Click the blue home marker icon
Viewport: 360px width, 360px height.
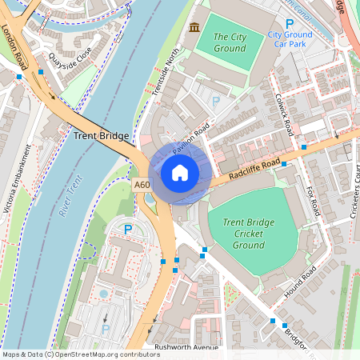click(x=180, y=173)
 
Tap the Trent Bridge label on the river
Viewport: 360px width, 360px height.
click(x=102, y=136)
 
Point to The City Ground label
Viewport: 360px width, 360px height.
click(x=230, y=42)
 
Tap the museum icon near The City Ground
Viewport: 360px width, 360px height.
click(x=194, y=29)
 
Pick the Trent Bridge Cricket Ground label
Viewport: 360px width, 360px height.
click(x=243, y=233)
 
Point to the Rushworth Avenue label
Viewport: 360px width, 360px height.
click(x=187, y=347)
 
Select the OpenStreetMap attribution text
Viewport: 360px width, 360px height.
click(x=81, y=354)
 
